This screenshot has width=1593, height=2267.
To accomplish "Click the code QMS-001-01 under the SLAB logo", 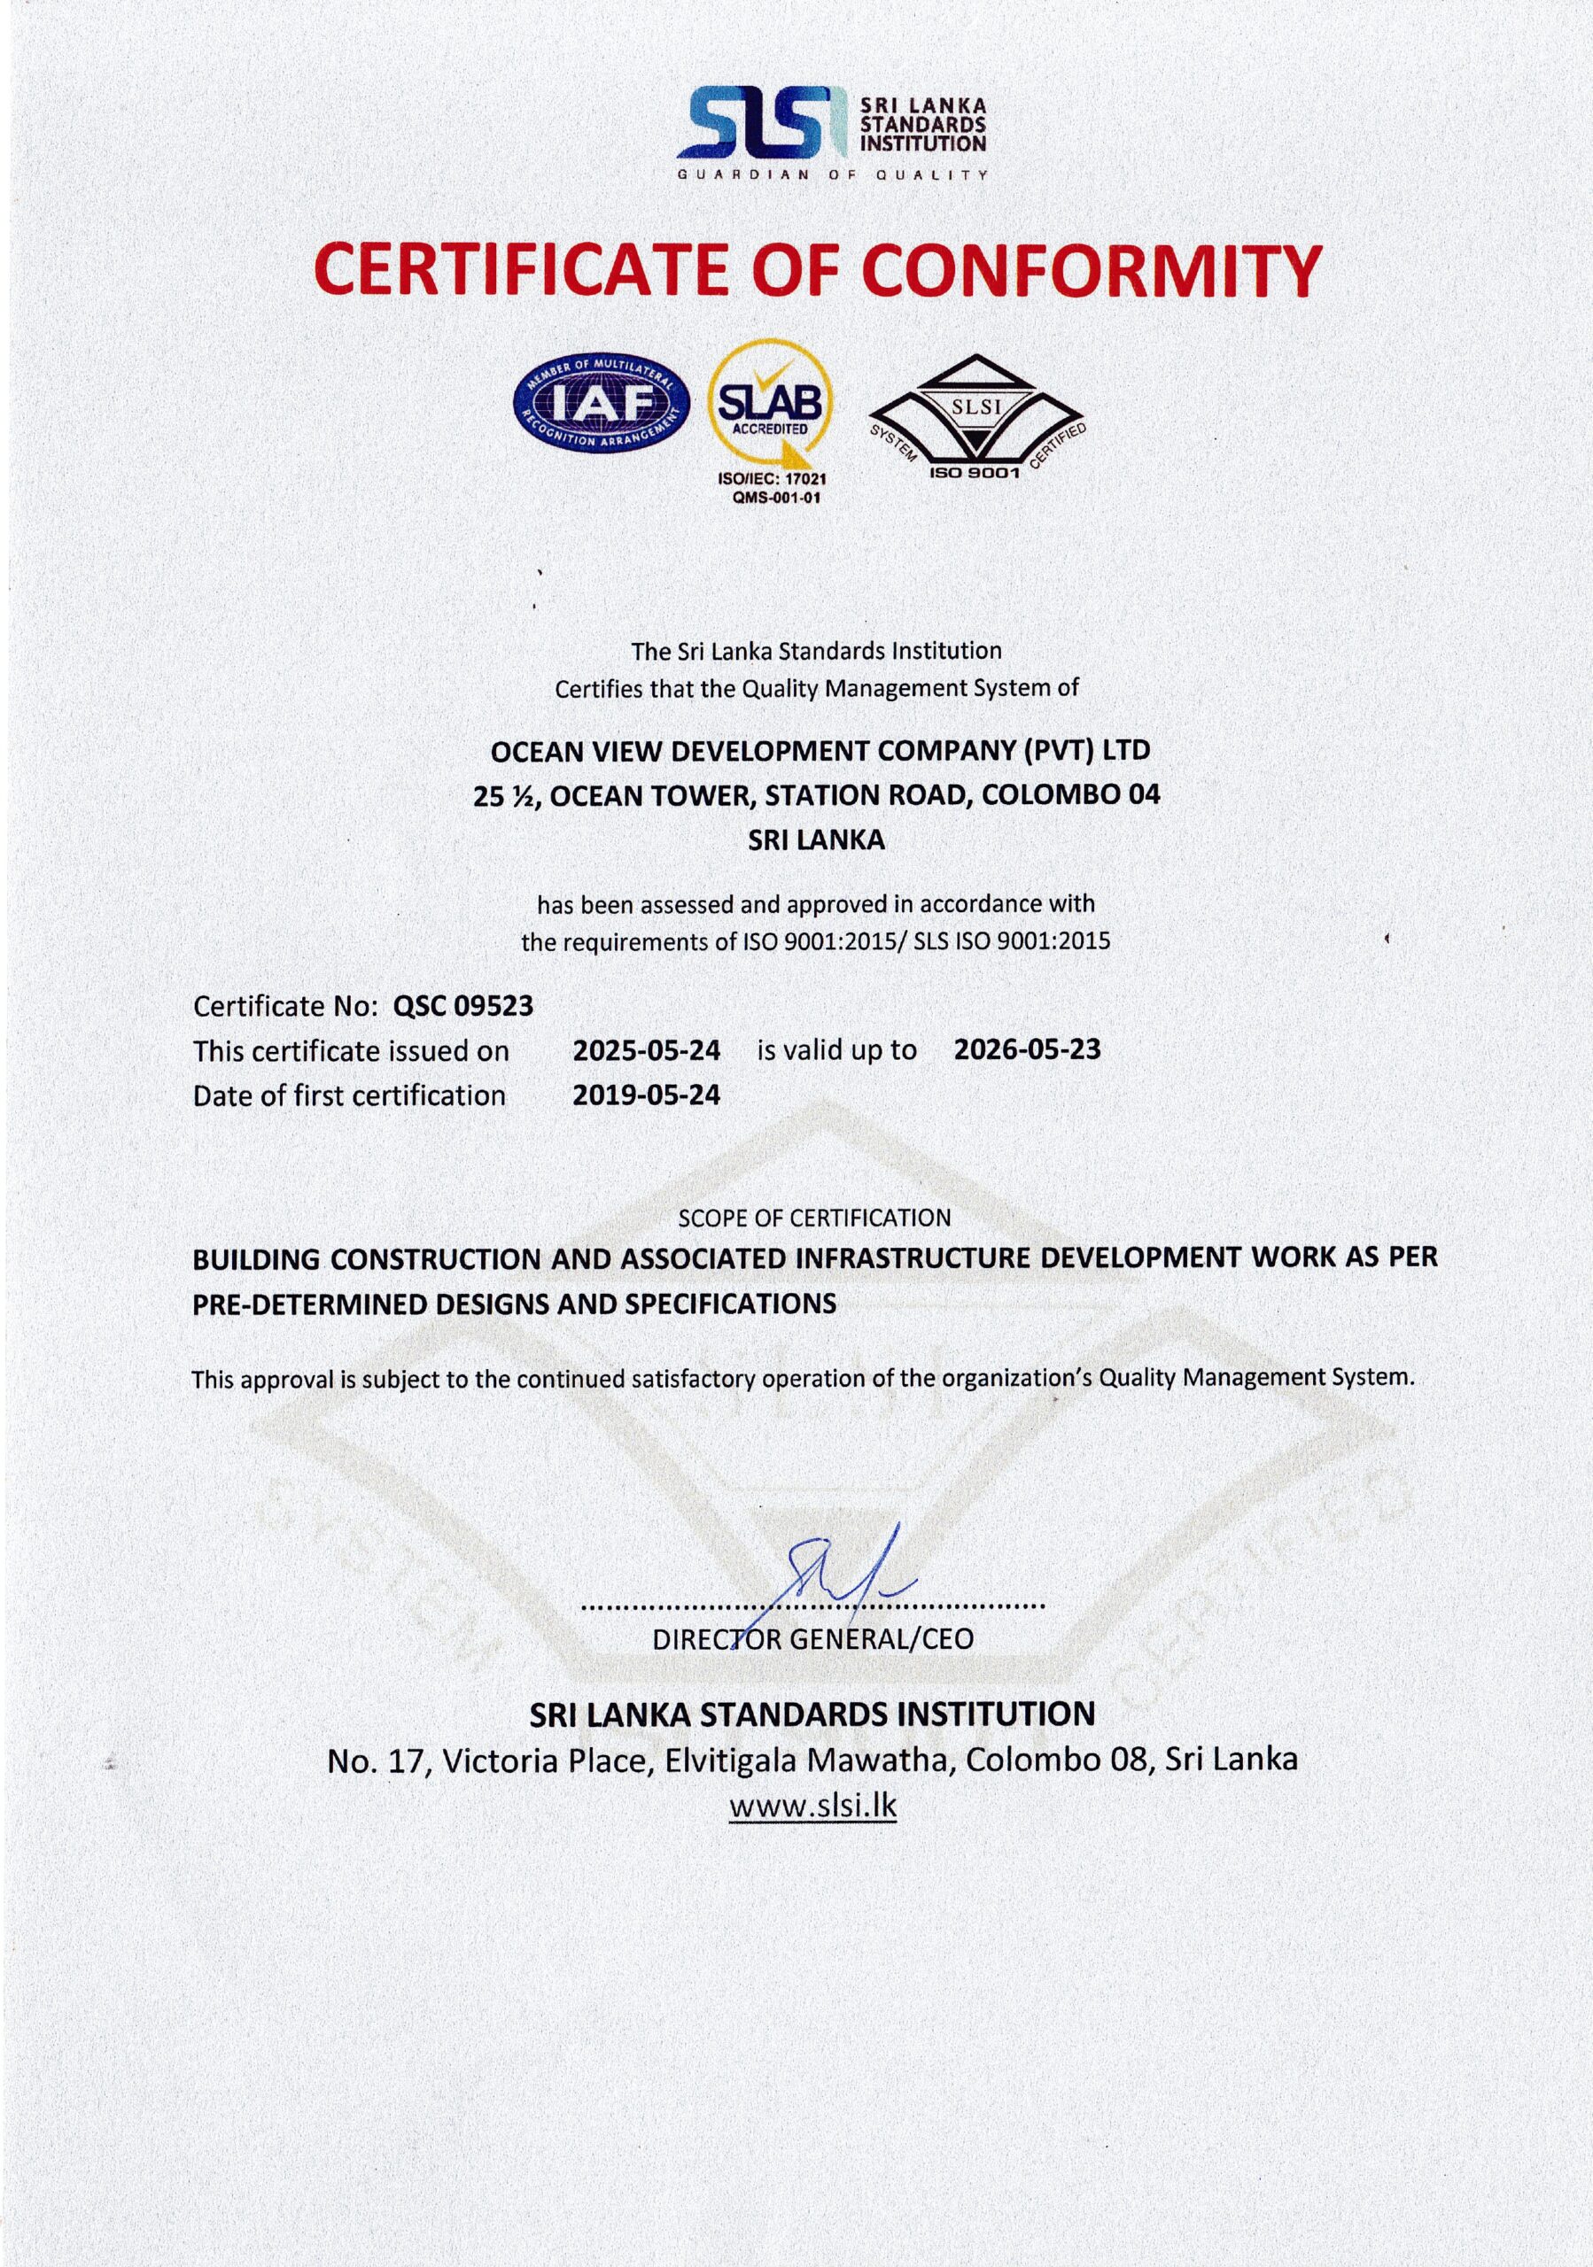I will coord(770,498).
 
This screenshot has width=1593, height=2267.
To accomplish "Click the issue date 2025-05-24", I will coord(647,1049).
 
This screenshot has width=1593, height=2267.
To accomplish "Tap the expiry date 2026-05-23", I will coord(1027,1049).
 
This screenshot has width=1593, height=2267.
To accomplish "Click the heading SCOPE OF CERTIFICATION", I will coord(814,1218).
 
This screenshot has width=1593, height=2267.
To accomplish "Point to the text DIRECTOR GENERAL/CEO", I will coord(812,1640).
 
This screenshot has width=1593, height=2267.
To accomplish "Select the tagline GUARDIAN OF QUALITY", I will coord(832,174).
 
